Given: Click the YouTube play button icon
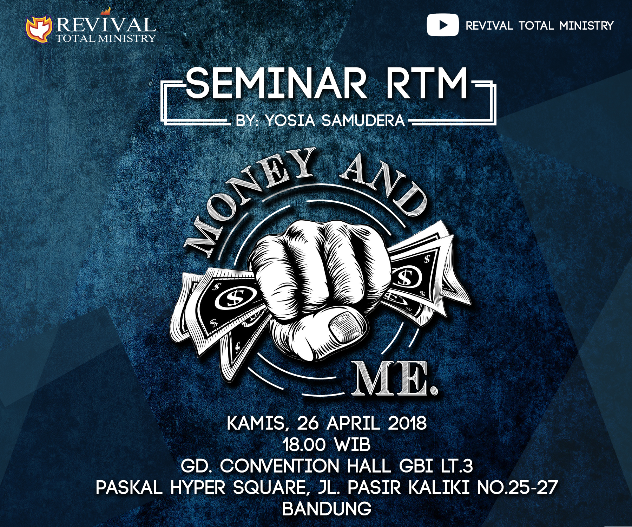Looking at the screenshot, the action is point(442,25).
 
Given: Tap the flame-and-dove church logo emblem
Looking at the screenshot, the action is point(39,30).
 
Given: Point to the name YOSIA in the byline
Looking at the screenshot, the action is point(290,121).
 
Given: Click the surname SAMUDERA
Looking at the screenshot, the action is point(363,121).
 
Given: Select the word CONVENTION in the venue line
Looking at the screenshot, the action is point(279,466).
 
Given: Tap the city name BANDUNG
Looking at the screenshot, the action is point(327,509).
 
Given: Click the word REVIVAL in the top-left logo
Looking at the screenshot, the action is point(106,25).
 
